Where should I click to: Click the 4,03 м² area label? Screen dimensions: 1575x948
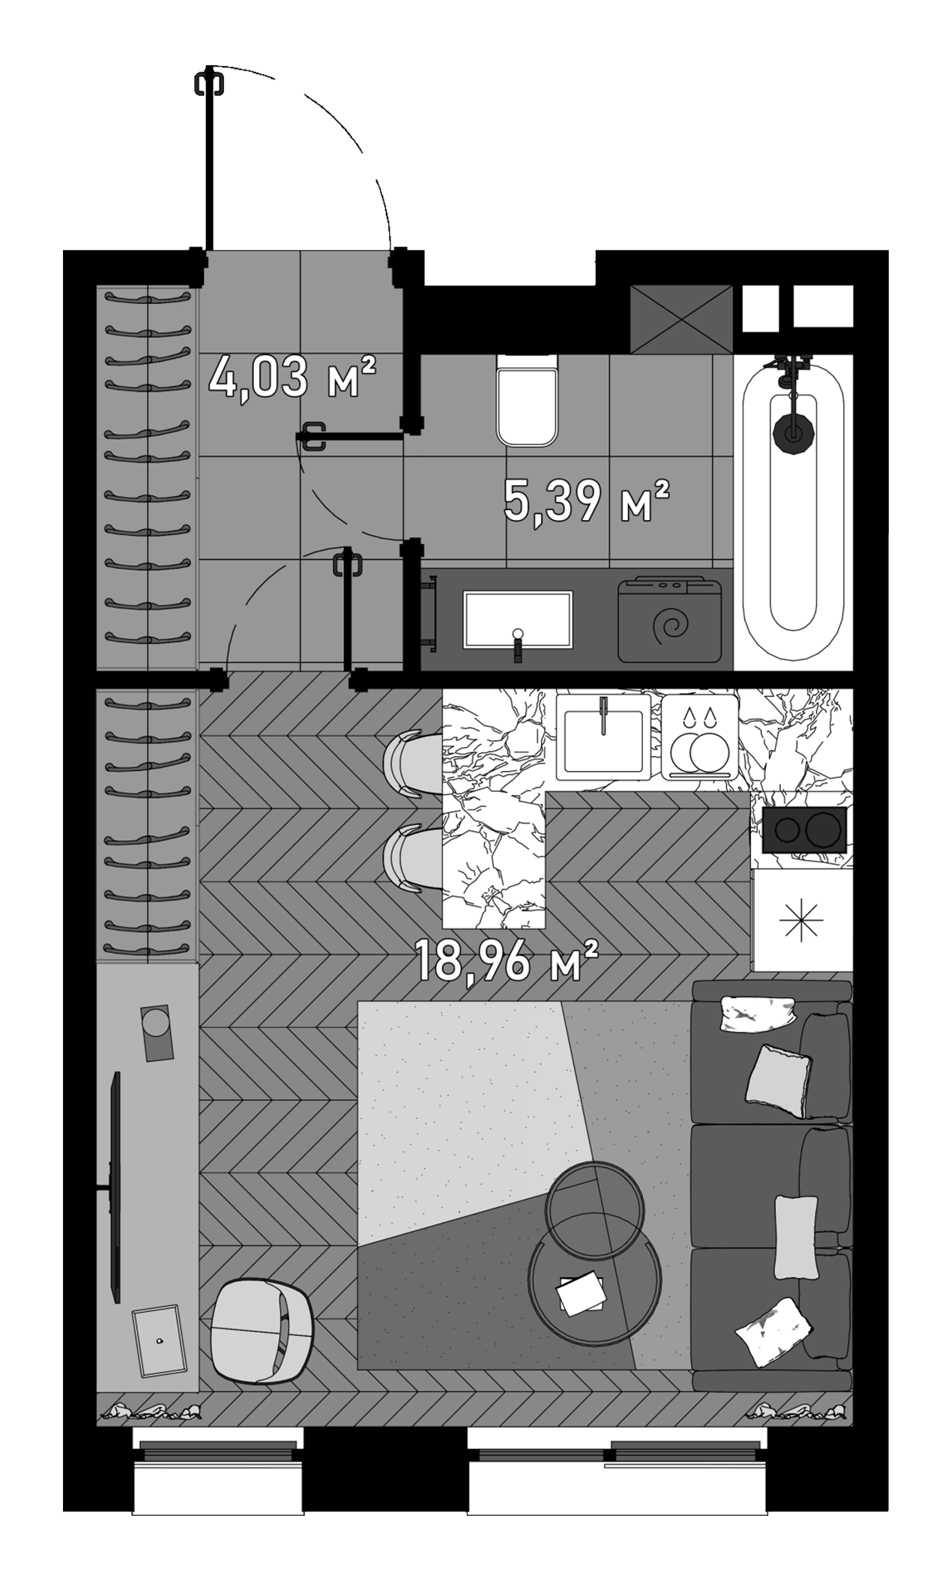(x=292, y=378)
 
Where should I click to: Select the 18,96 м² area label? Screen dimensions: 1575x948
(x=507, y=961)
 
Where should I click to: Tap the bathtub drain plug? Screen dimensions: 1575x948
(x=792, y=432)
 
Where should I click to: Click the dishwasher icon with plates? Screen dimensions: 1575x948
(x=700, y=739)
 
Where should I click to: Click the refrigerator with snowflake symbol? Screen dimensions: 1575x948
(x=801, y=919)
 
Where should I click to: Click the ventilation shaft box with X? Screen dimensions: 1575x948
(x=681, y=319)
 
